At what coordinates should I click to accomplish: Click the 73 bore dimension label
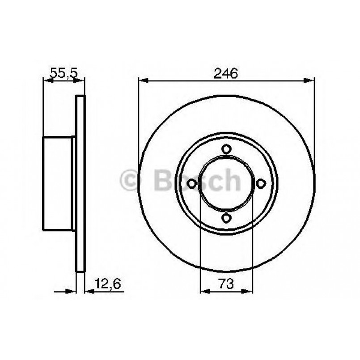click(x=226, y=283)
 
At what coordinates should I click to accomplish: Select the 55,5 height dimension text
click(x=63, y=73)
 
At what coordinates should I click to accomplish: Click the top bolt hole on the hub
click(x=226, y=149)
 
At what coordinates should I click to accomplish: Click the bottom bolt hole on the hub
click(x=226, y=218)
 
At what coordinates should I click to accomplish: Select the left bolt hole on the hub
click(x=192, y=183)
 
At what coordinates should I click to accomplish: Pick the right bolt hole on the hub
click(x=261, y=183)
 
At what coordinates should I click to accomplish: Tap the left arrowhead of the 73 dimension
click(x=204, y=291)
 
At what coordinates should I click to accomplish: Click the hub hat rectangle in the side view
click(x=58, y=183)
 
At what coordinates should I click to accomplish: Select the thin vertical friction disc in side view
click(x=80, y=183)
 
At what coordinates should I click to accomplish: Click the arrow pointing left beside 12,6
click(x=89, y=291)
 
